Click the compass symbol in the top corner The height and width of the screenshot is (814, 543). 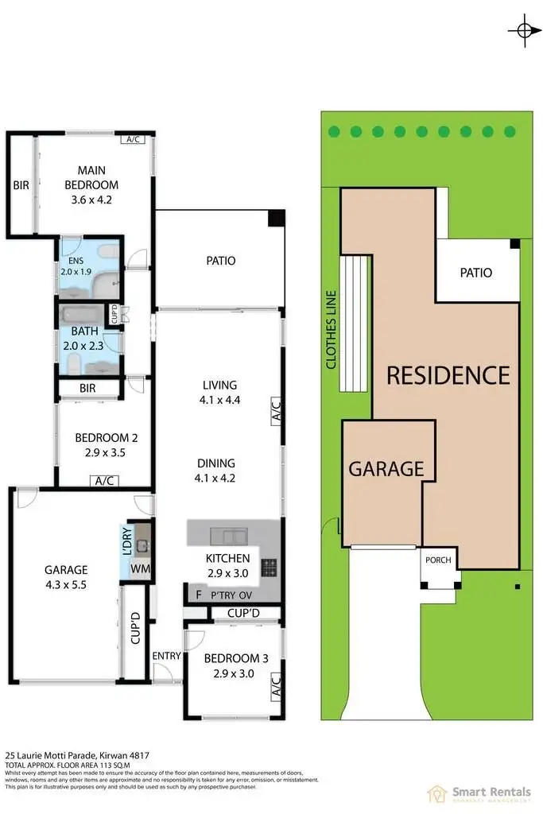click(523, 30)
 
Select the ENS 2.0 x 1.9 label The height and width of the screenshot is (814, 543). click(77, 265)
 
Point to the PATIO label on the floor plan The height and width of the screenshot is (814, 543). click(219, 260)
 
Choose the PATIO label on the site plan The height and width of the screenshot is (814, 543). click(475, 273)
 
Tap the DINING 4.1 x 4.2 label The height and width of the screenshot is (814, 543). click(219, 471)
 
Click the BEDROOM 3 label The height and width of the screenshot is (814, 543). click(231, 665)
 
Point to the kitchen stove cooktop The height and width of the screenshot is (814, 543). click(270, 568)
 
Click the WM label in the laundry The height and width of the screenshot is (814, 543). click(140, 569)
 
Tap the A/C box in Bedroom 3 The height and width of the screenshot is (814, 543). click(276, 684)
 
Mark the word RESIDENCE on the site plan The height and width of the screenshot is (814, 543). click(448, 374)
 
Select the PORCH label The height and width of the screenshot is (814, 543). click(438, 560)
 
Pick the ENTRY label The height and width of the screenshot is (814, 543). click(166, 656)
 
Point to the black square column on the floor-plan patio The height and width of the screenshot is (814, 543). click(275, 218)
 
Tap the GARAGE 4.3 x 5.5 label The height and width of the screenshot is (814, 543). click(66, 576)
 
